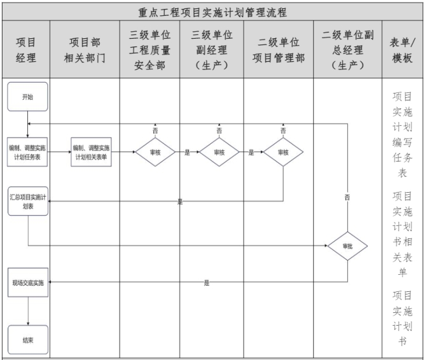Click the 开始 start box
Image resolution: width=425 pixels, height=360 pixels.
pyautogui.click(x=27, y=97)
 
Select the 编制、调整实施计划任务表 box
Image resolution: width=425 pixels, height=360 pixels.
pyautogui.click(x=27, y=152)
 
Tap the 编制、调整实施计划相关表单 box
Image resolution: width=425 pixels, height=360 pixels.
pyautogui.click(x=91, y=152)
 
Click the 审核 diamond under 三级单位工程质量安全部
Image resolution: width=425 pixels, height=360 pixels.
pyautogui.click(x=155, y=152)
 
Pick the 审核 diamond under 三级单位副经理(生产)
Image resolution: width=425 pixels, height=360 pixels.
pyautogui.click(x=219, y=152)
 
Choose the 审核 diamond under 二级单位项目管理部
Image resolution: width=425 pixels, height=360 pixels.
pyautogui.click(x=283, y=152)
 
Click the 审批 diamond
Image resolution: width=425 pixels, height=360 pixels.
pyautogui.click(x=347, y=246)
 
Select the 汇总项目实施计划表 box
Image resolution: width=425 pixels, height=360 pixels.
pyautogui.click(x=28, y=201)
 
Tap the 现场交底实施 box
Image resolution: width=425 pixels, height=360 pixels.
pyautogui.click(x=28, y=282)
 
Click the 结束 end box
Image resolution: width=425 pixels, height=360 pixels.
pyautogui.click(x=28, y=340)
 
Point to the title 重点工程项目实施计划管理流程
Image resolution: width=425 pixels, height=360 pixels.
pyautogui.click(x=212, y=13)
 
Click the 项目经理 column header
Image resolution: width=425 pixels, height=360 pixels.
pyautogui.click(x=25, y=50)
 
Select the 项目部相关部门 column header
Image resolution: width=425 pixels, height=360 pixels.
pyautogui.click(x=85, y=50)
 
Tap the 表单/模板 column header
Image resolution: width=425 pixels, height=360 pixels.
pyautogui.click(x=402, y=50)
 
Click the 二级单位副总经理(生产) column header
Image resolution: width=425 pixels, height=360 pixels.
pyautogui.click(x=348, y=50)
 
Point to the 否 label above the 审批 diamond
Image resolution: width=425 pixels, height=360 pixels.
pyautogui.click(x=347, y=197)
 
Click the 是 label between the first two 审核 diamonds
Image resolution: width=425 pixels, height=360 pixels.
pyautogui.click(x=187, y=152)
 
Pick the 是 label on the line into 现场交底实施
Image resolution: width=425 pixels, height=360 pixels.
pyautogui.click(x=207, y=283)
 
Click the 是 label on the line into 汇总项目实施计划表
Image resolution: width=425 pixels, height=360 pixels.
pyautogui.click(x=180, y=202)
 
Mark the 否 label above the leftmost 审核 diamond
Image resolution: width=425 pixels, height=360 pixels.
pyautogui.click(x=155, y=130)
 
